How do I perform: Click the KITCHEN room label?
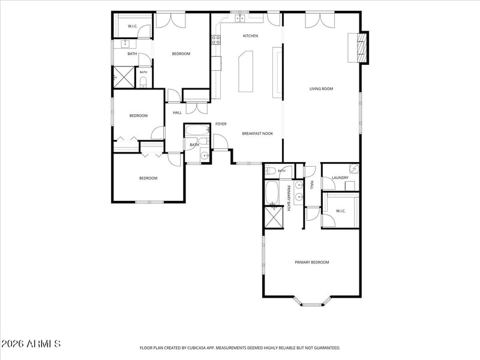[x=250, y=36]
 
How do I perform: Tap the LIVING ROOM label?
[x=321, y=89]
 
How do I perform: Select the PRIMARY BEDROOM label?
[x=312, y=262]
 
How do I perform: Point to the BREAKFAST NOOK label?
[x=257, y=133]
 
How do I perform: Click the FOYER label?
[x=221, y=124]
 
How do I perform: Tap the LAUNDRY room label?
[x=340, y=178]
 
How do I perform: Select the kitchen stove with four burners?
[x=216, y=40]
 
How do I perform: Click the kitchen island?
[x=246, y=71]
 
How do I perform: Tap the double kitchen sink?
[x=240, y=19]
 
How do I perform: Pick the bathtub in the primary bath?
[x=272, y=193]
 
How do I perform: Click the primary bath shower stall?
[x=274, y=218]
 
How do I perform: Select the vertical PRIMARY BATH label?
[x=289, y=198]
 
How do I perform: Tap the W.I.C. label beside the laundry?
[x=340, y=211]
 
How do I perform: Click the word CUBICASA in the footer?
[x=200, y=348]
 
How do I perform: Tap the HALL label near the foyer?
[x=177, y=113]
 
